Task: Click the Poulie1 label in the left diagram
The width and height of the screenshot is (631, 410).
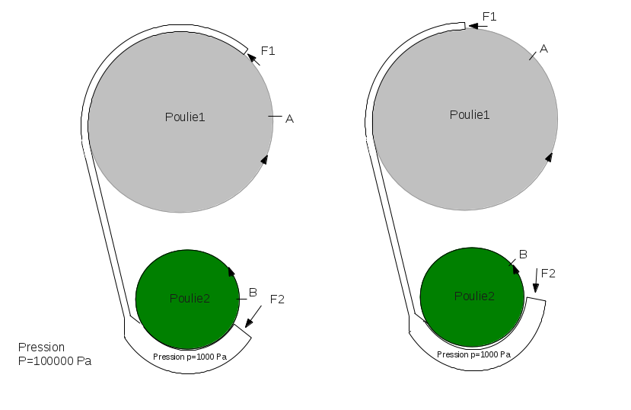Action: [185, 117]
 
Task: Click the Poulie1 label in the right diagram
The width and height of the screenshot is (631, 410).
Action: [470, 114]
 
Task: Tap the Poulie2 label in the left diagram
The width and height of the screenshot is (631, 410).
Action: [190, 298]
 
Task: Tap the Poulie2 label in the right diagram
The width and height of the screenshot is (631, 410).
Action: [474, 296]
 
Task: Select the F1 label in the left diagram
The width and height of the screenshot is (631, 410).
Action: [268, 50]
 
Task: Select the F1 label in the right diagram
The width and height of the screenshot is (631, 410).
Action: [489, 16]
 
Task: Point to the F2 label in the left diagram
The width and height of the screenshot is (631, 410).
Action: [277, 299]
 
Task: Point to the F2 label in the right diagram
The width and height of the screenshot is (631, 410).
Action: [548, 273]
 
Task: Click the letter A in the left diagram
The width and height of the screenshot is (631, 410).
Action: [289, 118]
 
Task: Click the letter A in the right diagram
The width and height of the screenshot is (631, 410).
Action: [543, 48]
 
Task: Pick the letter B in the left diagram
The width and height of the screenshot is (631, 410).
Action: [253, 292]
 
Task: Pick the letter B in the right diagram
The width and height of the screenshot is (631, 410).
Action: [523, 254]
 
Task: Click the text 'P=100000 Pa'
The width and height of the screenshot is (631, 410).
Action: [55, 360]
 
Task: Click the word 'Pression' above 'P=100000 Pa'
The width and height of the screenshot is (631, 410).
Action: [41, 347]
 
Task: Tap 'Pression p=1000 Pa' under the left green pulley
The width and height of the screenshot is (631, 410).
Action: [190, 357]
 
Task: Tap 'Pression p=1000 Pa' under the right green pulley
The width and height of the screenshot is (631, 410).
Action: [473, 354]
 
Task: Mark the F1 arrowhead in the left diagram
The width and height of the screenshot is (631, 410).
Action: [252, 58]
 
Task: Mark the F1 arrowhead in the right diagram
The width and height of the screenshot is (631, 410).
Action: [472, 25]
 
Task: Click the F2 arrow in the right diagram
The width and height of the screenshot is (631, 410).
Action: [537, 283]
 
